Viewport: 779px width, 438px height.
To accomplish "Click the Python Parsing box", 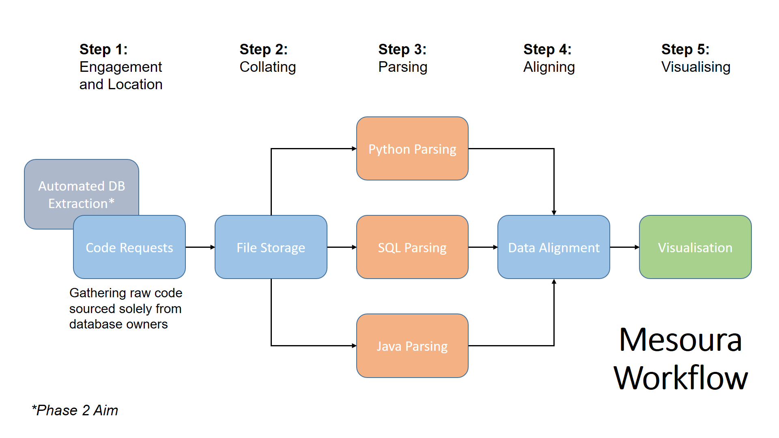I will pos(412,149).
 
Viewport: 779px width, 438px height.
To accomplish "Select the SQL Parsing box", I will pos(412,247).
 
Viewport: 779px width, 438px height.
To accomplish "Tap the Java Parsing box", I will pos(412,346).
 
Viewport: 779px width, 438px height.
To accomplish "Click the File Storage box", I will pos(271,247).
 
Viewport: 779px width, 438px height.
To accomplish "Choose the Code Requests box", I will pos(129,247).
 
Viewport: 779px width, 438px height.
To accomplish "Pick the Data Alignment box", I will pos(553,247).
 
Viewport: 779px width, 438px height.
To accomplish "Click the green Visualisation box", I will pos(695,247).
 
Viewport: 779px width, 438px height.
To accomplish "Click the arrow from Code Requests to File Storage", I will pos(200,247).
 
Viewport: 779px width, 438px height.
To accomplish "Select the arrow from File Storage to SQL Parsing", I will pos(342,247).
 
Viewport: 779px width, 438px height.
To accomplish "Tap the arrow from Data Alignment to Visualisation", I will pos(624,247).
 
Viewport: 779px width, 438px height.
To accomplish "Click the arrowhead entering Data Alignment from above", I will pos(554,213).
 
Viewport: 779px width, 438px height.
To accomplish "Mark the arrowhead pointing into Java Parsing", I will pos(354,346).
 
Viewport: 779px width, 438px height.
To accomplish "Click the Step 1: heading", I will pos(103,49).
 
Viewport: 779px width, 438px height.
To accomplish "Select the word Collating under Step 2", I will pos(267,67).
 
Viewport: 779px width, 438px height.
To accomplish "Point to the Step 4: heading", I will pos(547,49).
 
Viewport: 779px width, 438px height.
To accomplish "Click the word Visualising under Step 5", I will pos(695,67).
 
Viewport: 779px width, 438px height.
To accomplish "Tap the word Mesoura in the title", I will pos(680,340).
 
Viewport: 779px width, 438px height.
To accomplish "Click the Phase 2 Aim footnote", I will pos(75,410).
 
